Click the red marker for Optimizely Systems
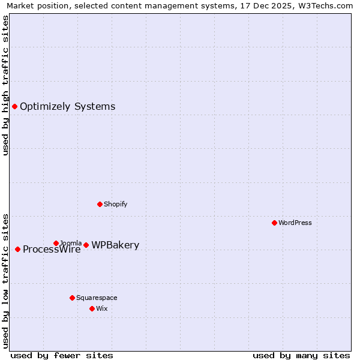pyautogui.click(x=14, y=106)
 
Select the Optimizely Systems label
pyautogui.click(x=67, y=107)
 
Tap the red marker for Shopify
pyautogui.click(x=100, y=204)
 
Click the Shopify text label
pyautogui.click(x=115, y=204)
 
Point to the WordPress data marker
pyautogui.click(x=274, y=223)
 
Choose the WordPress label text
pyautogui.click(x=295, y=223)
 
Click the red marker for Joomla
pyautogui.click(x=56, y=243)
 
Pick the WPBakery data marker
pyautogui.click(x=86, y=245)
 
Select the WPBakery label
pyautogui.click(x=115, y=245)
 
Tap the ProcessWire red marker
pyautogui.click(x=17, y=249)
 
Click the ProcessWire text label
pyautogui.click(x=52, y=250)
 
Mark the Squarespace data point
pyautogui.click(x=72, y=298)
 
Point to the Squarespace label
pyautogui.click(x=97, y=298)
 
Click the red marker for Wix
pyautogui.click(x=92, y=308)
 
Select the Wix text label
pyautogui.click(x=103, y=308)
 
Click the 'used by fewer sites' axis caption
pyautogui.click(x=62, y=355)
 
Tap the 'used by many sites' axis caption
pyautogui.click(x=301, y=355)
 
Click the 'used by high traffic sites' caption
pyautogui.click(x=5, y=85)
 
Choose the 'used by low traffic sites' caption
pyautogui.click(x=5, y=280)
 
